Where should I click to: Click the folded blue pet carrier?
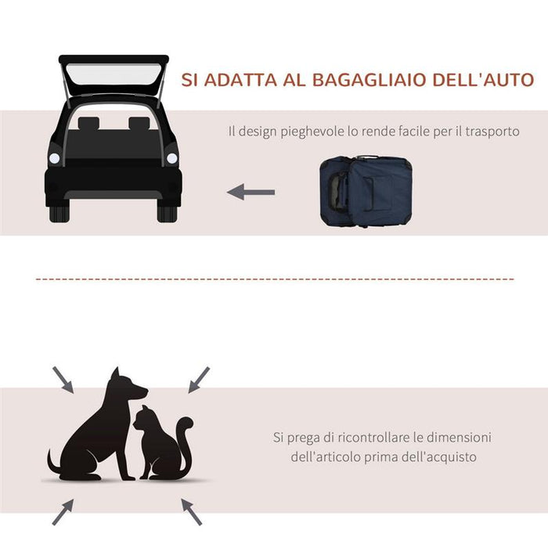(367, 191)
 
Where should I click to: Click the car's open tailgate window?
(114, 78)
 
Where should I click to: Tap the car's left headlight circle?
(55, 159)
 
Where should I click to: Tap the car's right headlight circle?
(172, 159)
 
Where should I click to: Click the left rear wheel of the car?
(59, 212)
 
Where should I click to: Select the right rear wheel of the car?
(168, 212)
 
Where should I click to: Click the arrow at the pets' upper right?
(199, 378)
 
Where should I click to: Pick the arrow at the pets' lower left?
(63, 511)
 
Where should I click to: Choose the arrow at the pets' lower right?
(191, 511)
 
